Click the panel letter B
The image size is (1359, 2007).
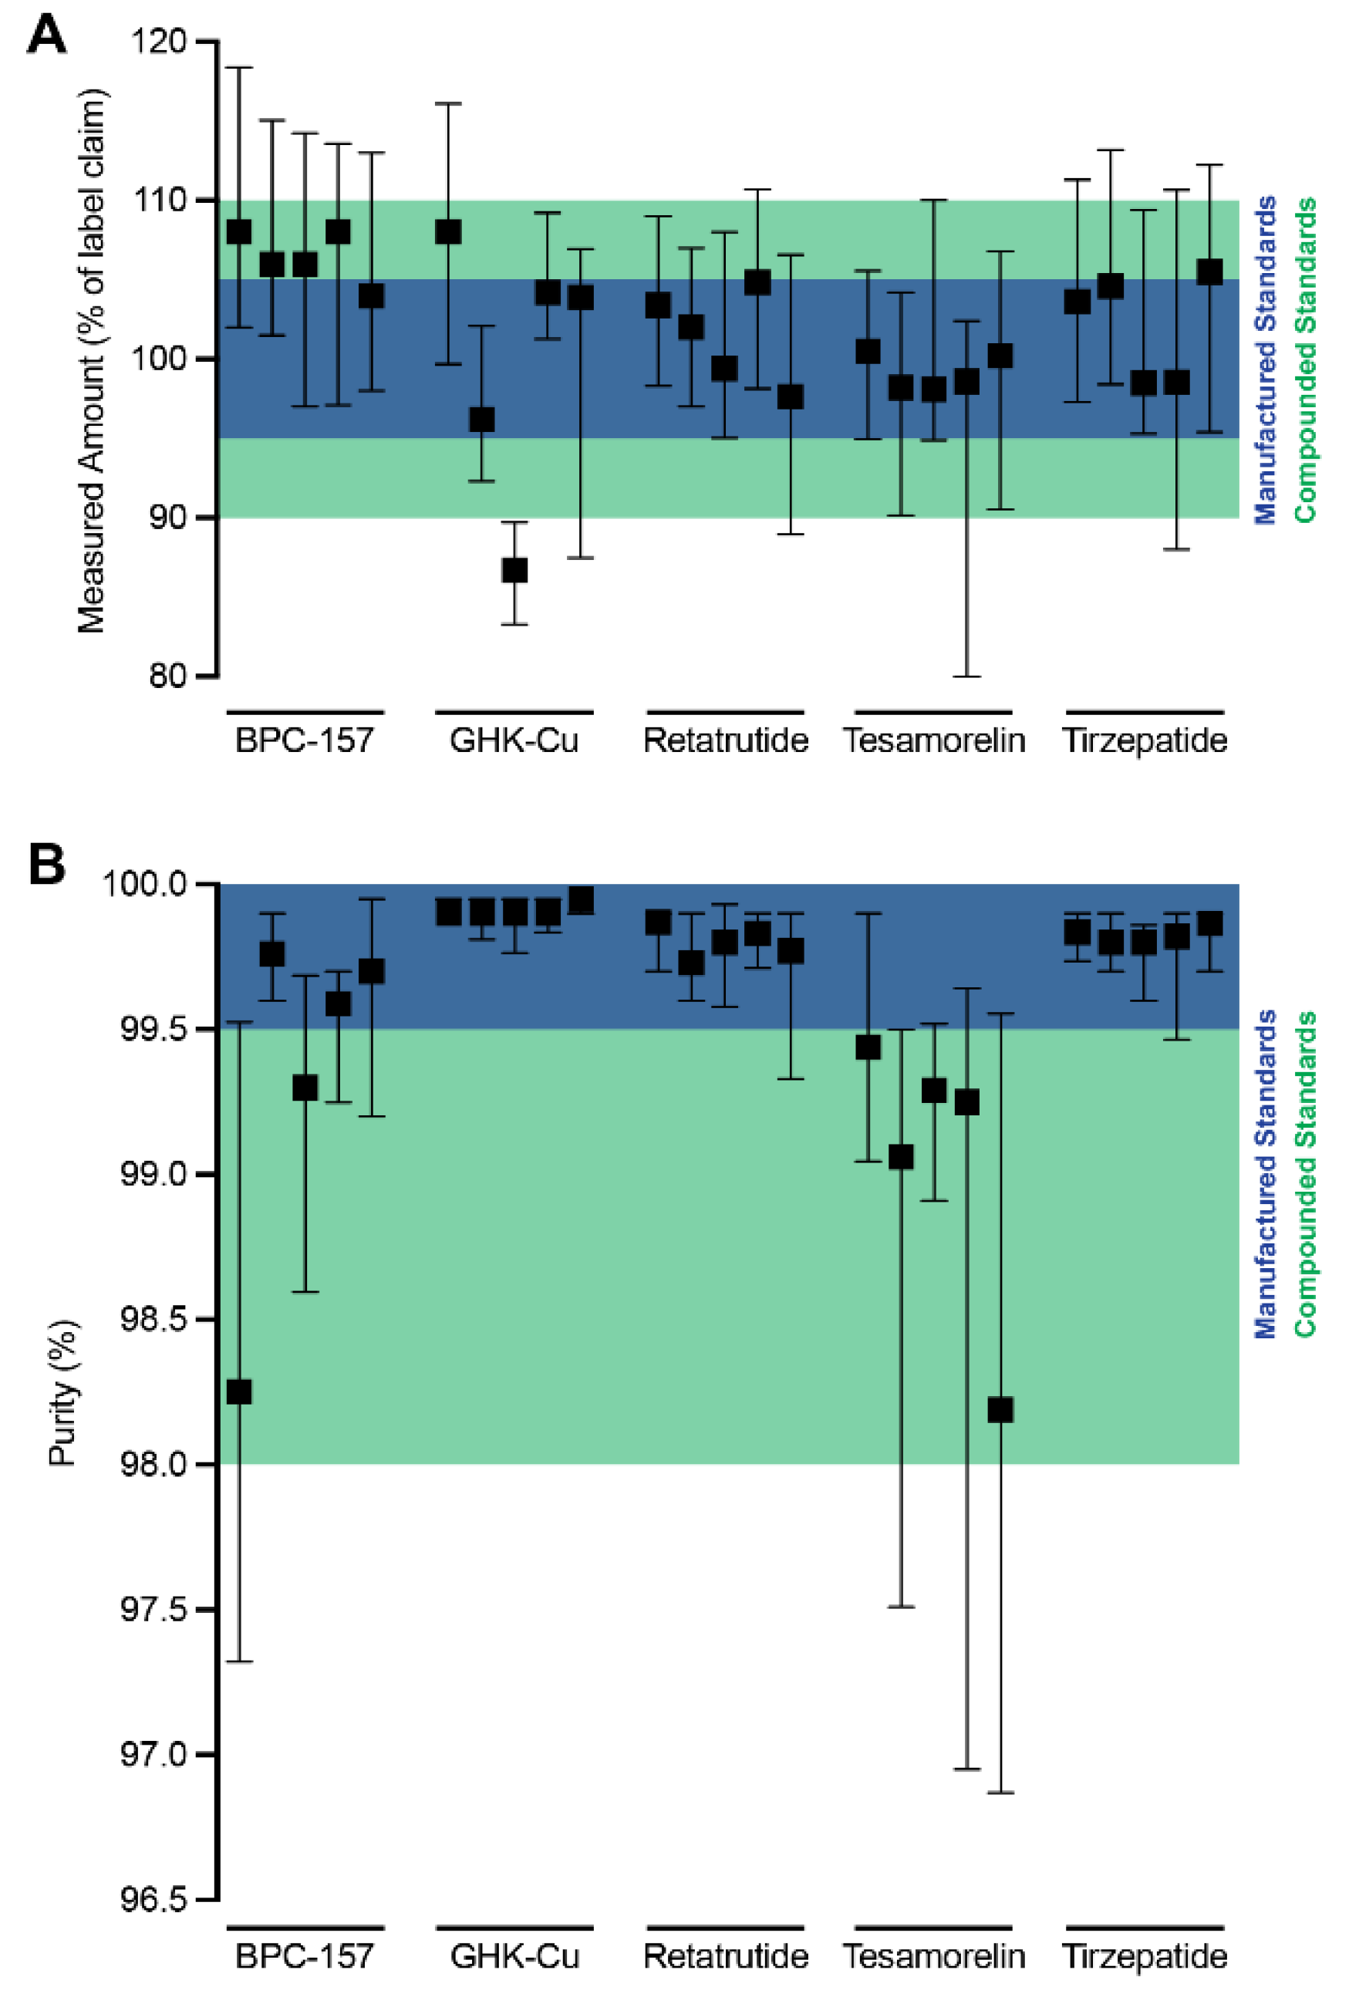click(46, 865)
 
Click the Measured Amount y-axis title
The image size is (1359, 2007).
click(91, 361)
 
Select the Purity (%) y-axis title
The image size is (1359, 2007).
click(62, 1393)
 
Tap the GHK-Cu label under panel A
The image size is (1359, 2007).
click(514, 740)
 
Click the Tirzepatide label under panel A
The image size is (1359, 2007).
click(1144, 740)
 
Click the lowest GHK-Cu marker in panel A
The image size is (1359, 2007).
click(514, 570)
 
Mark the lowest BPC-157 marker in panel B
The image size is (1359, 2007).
click(239, 1392)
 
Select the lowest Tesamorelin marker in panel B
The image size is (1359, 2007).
click(1000, 1410)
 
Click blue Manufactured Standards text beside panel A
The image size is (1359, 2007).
click(1265, 360)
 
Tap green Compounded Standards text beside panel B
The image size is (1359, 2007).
click(1304, 1175)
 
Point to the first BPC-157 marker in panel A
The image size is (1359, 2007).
click(239, 231)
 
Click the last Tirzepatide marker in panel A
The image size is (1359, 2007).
click(1209, 272)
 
